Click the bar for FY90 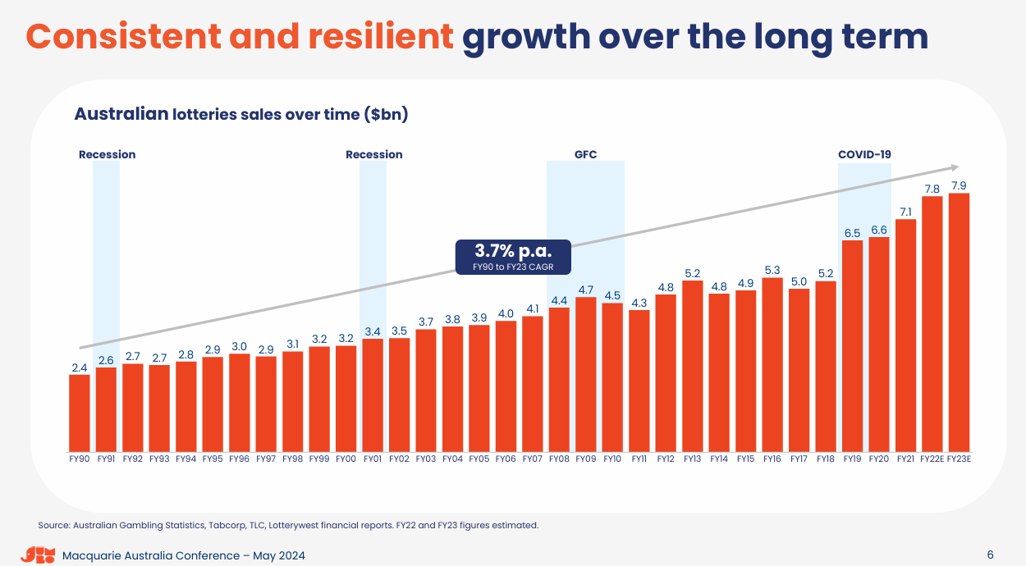point(80,413)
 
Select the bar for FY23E point(959,322)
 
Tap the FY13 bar point(692,366)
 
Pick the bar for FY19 point(852,346)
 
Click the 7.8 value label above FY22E point(932,189)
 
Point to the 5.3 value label point(772,270)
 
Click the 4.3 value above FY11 point(639,303)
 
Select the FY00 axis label point(346,459)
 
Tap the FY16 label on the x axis point(772,459)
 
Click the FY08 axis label point(559,459)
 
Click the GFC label point(585,154)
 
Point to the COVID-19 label point(864,154)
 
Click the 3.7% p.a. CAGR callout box point(513,257)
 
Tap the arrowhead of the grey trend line point(955,167)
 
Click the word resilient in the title point(381,37)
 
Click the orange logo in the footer point(38,555)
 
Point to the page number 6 point(990,555)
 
